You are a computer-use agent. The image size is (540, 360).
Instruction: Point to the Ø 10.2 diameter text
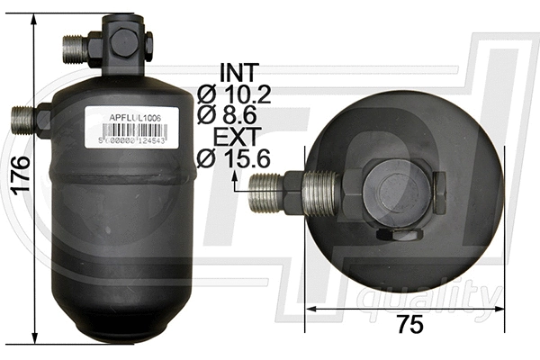233,94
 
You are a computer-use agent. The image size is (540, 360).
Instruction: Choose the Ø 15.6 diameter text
233,159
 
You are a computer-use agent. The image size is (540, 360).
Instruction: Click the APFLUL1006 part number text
136,117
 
